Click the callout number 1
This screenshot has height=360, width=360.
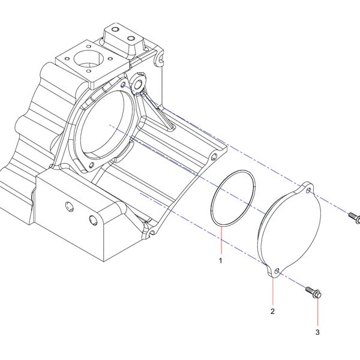(221, 260)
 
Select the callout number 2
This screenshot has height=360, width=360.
(272, 311)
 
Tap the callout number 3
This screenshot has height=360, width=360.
(317, 332)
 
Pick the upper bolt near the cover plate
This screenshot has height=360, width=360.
(354, 217)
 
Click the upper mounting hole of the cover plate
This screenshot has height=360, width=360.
(309, 190)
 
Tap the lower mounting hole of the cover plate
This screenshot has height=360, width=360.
(277, 271)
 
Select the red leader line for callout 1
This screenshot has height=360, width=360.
(221, 240)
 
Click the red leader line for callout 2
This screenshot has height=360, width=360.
(273, 292)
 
